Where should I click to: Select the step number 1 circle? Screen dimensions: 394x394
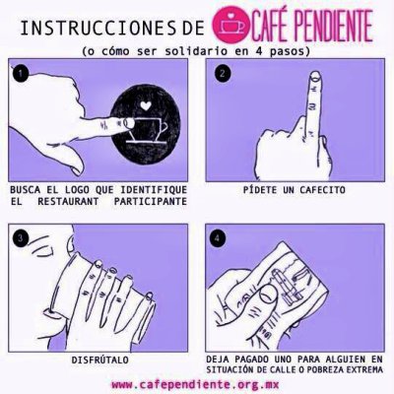(x=21, y=73)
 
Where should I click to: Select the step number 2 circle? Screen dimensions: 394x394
(x=223, y=73)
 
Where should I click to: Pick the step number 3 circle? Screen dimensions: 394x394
(x=21, y=237)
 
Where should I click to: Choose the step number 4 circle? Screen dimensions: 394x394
(x=217, y=237)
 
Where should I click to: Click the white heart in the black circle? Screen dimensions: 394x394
(x=145, y=105)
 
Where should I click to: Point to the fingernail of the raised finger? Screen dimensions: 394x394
(x=315, y=76)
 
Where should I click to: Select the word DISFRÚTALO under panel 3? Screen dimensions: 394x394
(x=100, y=360)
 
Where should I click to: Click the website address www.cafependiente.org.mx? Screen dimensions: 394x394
(x=195, y=384)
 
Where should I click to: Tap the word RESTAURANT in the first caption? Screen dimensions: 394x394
(x=68, y=201)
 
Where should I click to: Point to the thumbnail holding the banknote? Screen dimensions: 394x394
(x=267, y=295)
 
